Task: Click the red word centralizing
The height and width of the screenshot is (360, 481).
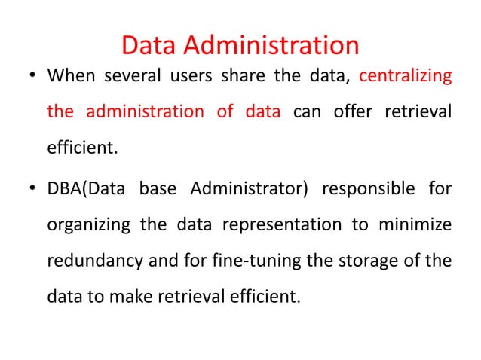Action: pyautogui.click(x=406, y=77)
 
